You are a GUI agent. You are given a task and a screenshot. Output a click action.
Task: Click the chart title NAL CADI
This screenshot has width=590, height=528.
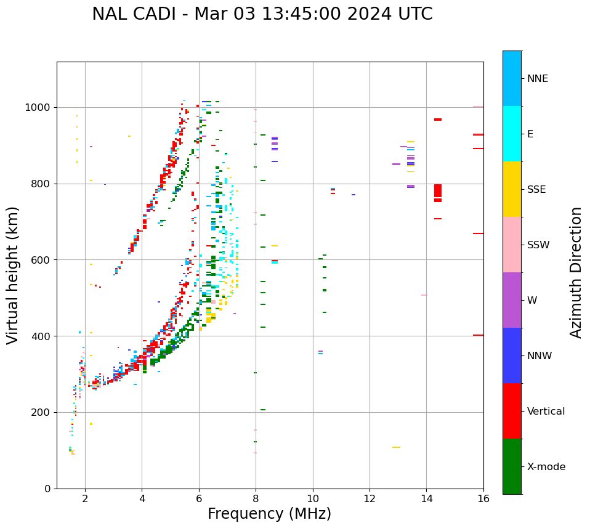pyautogui.click(x=262, y=14)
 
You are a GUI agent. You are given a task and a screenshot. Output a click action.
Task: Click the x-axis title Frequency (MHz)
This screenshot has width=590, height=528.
pyautogui.click(x=269, y=514)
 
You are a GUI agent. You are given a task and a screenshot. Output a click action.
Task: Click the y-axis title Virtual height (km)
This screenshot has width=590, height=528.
pyautogui.click(x=13, y=275)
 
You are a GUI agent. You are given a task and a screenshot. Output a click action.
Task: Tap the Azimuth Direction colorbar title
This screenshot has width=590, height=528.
pyautogui.click(x=576, y=272)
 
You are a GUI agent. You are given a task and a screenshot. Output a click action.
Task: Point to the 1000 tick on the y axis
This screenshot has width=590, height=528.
pyautogui.click(x=39, y=108)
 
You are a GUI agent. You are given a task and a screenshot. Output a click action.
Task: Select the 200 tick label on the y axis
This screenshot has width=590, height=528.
pyautogui.click(x=42, y=413)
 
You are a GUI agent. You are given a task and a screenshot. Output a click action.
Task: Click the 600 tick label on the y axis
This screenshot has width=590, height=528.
pyautogui.click(x=42, y=260)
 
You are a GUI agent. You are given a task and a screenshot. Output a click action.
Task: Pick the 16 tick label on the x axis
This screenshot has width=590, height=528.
pyautogui.click(x=483, y=499)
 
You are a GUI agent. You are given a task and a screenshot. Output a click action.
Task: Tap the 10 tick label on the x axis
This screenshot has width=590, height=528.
pyautogui.click(x=313, y=499)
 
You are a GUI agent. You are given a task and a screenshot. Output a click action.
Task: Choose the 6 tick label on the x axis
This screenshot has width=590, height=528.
pyautogui.click(x=199, y=499)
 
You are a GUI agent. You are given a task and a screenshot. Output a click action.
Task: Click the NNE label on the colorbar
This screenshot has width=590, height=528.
pyautogui.click(x=537, y=79)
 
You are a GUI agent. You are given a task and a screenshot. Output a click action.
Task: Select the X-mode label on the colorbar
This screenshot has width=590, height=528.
pyautogui.click(x=546, y=467)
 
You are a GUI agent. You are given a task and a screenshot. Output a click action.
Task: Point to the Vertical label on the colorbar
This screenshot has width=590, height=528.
pyautogui.click(x=546, y=412)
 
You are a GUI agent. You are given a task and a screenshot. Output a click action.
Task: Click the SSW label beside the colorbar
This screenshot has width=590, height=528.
pyautogui.click(x=538, y=245)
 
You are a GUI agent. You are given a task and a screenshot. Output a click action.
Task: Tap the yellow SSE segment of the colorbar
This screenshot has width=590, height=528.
pyautogui.click(x=512, y=189)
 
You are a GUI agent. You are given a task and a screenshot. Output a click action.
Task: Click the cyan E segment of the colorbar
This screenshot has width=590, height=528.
pyautogui.click(x=512, y=134)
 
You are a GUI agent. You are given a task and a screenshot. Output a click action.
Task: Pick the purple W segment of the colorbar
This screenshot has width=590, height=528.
pyautogui.click(x=512, y=300)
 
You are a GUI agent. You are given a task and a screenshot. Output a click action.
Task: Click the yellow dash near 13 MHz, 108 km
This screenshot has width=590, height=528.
pyautogui.click(x=396, y=447)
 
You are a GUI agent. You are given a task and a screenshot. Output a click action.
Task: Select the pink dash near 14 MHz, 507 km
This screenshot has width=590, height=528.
pyautogui.click(x=424, y=295)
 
